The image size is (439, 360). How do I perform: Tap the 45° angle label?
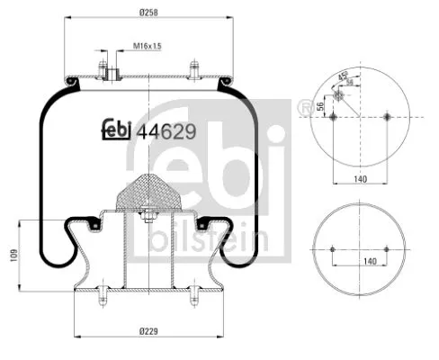coord(342,75)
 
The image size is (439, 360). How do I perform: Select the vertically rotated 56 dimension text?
coord(321,106)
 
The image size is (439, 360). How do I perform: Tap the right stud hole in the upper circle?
coord(388,117)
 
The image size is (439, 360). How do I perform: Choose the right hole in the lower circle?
coord(389,249)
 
